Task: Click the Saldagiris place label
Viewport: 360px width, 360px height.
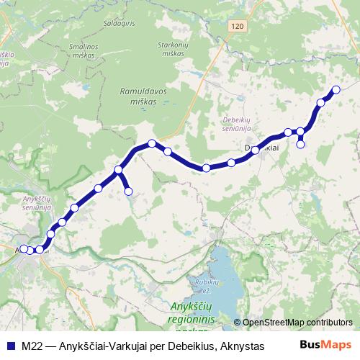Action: coord(121,24)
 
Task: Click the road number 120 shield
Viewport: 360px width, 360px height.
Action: coord(238,26)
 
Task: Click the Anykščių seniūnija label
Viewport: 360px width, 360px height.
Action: coord(35,202)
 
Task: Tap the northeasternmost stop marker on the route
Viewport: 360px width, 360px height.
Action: coord(336,90)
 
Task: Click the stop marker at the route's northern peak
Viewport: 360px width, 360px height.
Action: coord(152,143)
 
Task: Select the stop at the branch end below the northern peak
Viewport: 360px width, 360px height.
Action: coord(129,191)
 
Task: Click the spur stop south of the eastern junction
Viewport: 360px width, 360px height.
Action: coord(301,144)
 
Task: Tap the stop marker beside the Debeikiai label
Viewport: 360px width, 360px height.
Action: coord(256,150)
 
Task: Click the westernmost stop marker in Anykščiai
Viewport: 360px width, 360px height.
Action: coord(23,248)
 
